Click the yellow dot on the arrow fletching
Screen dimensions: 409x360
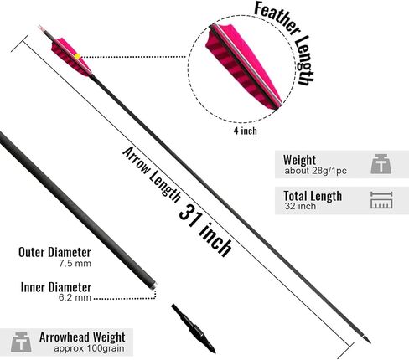[77, 56]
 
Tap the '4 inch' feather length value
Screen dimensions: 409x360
[245, 131]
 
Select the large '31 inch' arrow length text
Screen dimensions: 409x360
[205, 230]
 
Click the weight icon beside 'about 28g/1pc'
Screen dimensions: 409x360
[381, 164]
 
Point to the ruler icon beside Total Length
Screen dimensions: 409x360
[381, 200]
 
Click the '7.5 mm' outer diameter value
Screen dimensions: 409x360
[75, 264]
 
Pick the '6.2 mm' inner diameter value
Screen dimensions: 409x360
[75, 297]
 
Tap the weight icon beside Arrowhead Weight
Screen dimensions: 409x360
[21, 342]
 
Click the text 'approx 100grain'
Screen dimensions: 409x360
[89, 348]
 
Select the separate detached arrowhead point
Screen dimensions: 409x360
[194, 329]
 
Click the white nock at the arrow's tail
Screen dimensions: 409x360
[41, 28]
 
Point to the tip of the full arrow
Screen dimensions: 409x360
[370, 343]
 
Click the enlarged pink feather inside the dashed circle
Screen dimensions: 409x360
[242, 66]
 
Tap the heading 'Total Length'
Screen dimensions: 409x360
[313, 196]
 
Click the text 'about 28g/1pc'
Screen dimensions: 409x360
[316, 171]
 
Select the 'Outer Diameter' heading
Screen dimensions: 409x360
[54, 252]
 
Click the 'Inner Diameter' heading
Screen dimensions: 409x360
[56, 287]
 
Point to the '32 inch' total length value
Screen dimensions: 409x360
[300, 206]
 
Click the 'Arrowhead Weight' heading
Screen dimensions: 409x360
[82, 337]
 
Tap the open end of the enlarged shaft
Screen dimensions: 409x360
[154, 285]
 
